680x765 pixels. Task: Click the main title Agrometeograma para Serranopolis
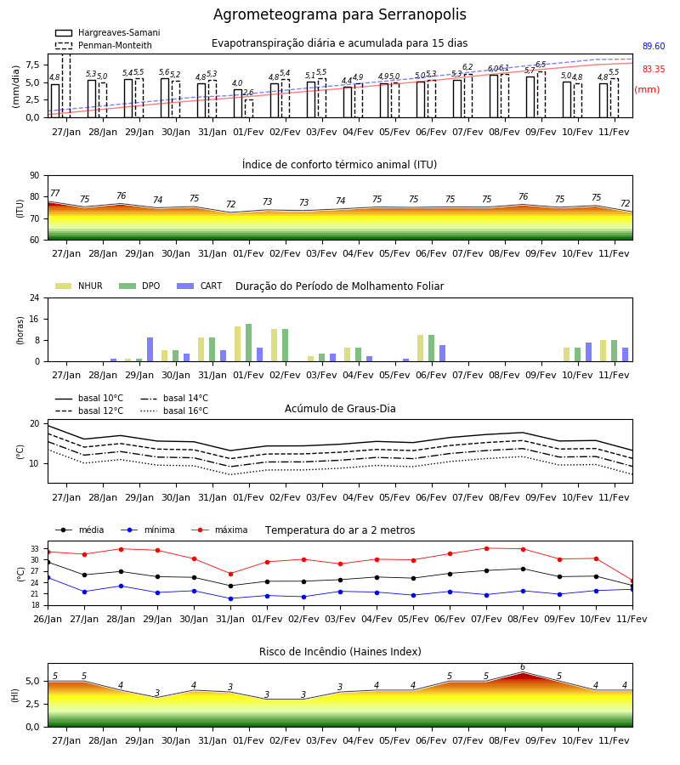(x=339, y=14)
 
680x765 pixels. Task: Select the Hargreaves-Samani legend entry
(x=107, y=32)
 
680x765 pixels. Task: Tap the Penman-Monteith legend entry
(x=104, y=45)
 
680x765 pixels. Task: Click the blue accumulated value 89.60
(x=654, y=47)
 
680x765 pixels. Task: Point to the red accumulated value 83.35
(x=654, y=70)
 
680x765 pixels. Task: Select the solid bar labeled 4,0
(x=237, y=104)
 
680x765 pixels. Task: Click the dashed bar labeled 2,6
(x=249, y=108)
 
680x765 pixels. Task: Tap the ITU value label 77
(x=55, y=193)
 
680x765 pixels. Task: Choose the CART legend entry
(x=199, y=286)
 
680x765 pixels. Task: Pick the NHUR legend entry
(x=78, y=286)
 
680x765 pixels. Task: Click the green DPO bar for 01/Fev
(x=249, y=343)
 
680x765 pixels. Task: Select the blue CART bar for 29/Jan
(x=150, y=349)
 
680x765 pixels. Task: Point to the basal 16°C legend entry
(x=174, y=411)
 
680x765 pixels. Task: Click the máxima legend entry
(x=219, y=530)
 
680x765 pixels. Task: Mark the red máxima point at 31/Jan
(x=230, y=574)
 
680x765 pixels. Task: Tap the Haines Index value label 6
(x=523, y=667)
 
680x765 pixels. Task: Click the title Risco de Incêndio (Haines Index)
(x=340, y=652)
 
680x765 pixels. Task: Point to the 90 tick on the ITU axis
(x=35, y=176)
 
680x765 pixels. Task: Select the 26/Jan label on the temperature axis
(x=48, y=619)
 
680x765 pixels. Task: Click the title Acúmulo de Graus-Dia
(x=340, y=409)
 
